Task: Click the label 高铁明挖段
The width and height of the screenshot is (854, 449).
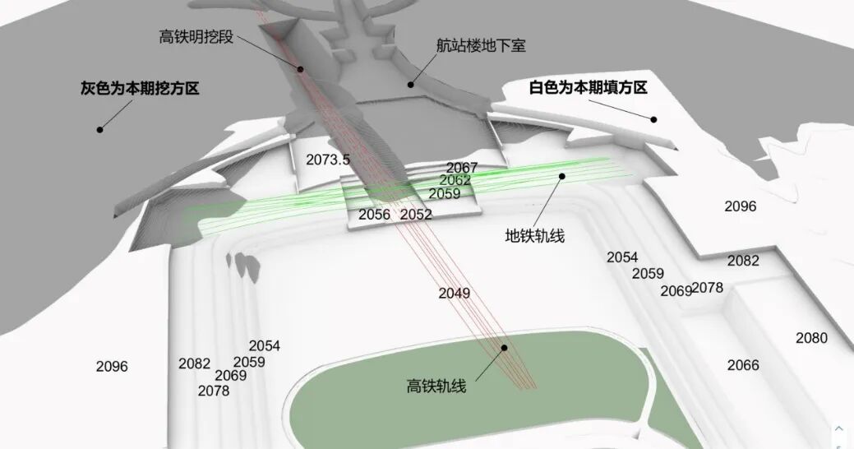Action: point(196,36)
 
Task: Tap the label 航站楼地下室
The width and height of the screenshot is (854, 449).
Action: point(481,45)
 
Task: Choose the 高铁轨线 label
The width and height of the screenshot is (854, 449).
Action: point(436,385)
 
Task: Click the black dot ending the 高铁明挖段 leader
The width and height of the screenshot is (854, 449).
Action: point(301,69)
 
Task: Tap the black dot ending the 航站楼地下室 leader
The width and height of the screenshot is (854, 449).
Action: point(410,83)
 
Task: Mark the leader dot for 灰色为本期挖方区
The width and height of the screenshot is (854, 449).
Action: point(100,128)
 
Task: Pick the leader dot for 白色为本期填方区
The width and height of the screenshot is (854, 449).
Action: point(654,119)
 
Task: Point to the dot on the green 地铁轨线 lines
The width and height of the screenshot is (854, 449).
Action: point(563,175)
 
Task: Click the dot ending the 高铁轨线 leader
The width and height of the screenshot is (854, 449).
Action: point(505,348)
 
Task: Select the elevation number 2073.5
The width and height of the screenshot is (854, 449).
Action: point(328,160)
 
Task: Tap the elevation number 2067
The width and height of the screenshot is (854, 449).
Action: point(462,168)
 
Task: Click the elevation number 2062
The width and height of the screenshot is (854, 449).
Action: point(455,180)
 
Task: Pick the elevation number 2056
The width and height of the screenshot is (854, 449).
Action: point(374,215)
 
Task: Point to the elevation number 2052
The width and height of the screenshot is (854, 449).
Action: point(416,215)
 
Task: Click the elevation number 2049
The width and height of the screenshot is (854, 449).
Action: point(454,293)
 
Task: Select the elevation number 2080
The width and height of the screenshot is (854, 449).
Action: point(811,338)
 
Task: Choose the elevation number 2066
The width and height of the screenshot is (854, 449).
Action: point(743,364)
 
